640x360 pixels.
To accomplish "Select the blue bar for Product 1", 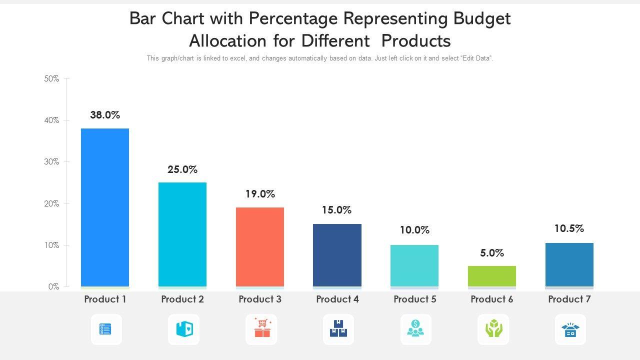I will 105,207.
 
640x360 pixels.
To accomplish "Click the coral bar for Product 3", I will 260,247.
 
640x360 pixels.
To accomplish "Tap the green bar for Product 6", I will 492,276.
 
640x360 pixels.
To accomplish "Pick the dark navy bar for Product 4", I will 337,255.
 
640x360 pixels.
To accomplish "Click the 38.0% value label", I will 105,115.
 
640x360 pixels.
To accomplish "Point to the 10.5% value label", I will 569,228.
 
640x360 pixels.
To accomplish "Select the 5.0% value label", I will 492,253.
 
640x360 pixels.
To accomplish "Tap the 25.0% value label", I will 182,169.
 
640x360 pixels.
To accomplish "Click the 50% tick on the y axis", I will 51,78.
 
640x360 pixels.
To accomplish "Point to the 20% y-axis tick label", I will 51,203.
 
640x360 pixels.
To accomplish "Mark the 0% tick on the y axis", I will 54,287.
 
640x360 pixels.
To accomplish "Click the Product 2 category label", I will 182,299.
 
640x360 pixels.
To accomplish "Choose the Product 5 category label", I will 415,299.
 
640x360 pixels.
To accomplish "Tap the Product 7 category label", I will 569,299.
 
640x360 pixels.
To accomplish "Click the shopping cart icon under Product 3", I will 261,329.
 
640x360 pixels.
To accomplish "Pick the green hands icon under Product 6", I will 493,329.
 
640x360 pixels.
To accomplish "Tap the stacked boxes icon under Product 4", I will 338,329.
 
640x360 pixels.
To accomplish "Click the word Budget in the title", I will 482,18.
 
